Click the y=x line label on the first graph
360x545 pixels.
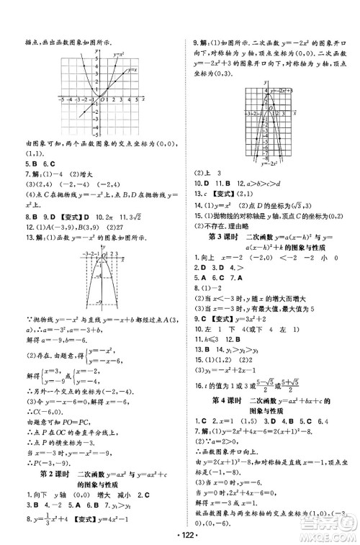[131, 70]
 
